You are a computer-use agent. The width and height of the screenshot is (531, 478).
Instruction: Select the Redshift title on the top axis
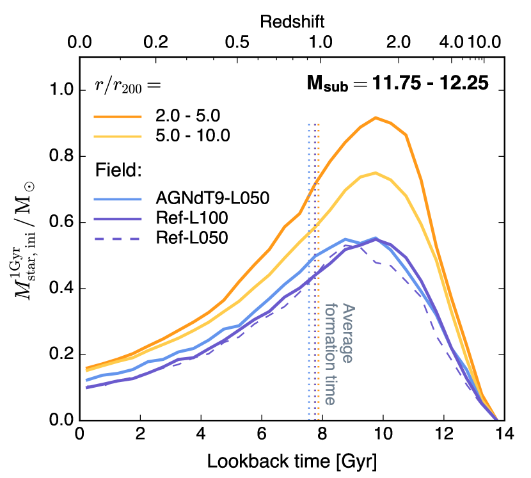point(292,21)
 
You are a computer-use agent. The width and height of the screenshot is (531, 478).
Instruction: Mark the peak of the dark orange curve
point(376,118)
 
